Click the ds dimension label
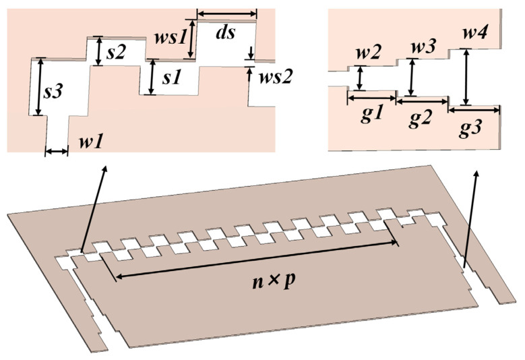tap(226, 33)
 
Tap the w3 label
tap(423, 47)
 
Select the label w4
tap(476, 32)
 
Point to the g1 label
tap(373, 114)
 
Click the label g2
tap(422, 120)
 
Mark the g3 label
tap(474, 125)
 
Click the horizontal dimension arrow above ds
tap(226, 13)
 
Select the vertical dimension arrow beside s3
tap(40, 86)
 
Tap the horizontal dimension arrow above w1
tap(57, 152)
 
